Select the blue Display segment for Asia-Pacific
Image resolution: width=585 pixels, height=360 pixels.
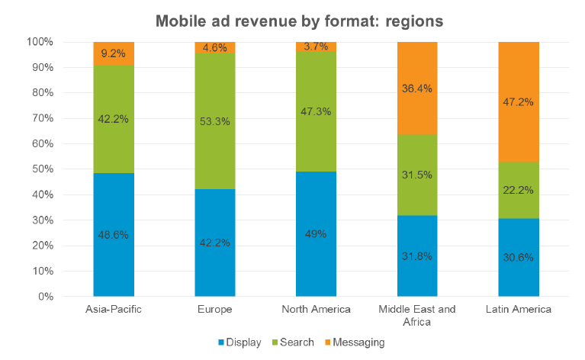[114, 259]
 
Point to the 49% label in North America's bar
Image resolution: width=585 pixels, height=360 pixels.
[316, 234]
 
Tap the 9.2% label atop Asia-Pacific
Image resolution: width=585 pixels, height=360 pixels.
[114, 54]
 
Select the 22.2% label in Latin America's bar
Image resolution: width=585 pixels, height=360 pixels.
[519, 190]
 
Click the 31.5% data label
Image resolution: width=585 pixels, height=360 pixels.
[417, 175]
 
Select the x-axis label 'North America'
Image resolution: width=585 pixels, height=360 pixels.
[316, 309]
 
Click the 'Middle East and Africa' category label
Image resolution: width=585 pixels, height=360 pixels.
[417, 315]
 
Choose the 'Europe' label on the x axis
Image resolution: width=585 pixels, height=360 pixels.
[215, 309]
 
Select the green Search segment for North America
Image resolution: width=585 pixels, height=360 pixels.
[316, 130]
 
